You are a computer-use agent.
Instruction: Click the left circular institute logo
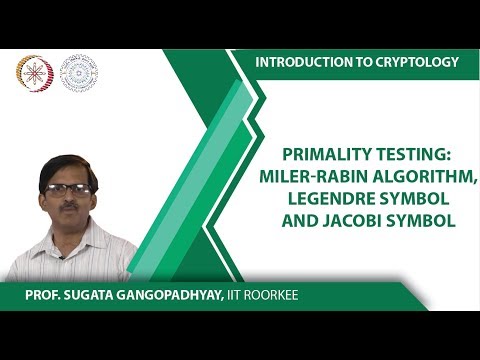tap(35, 73)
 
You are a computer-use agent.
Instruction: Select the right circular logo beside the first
tap(79, 73)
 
